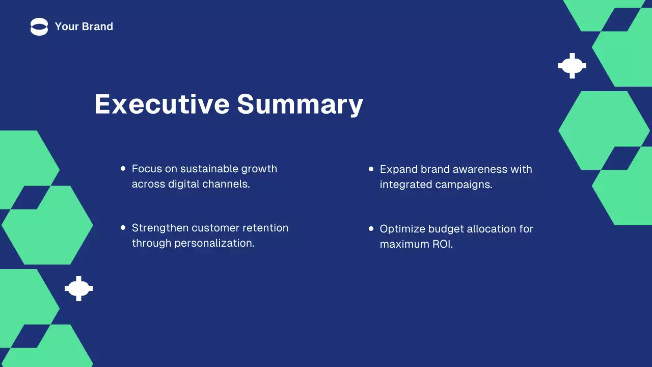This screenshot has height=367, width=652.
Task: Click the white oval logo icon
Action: (39, 27)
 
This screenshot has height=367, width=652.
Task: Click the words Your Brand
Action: (84, 27)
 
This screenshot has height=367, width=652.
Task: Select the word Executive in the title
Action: (161, 103)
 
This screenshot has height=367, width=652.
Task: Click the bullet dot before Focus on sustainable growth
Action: (123, 168)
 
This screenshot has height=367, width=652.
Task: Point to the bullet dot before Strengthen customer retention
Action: (123, 228)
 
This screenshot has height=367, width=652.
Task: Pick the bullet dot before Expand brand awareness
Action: (371, 169)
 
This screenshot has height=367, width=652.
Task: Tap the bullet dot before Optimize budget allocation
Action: (371, 229)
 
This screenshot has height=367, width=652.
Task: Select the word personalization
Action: (214, 243)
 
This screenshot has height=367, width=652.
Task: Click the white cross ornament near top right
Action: (572, 66)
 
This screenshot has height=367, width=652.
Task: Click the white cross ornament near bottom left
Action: (78, 289)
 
